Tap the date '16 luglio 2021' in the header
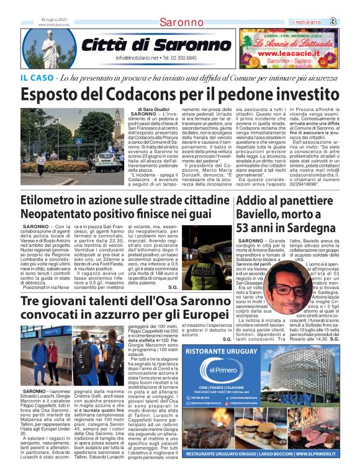[54, 20]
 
